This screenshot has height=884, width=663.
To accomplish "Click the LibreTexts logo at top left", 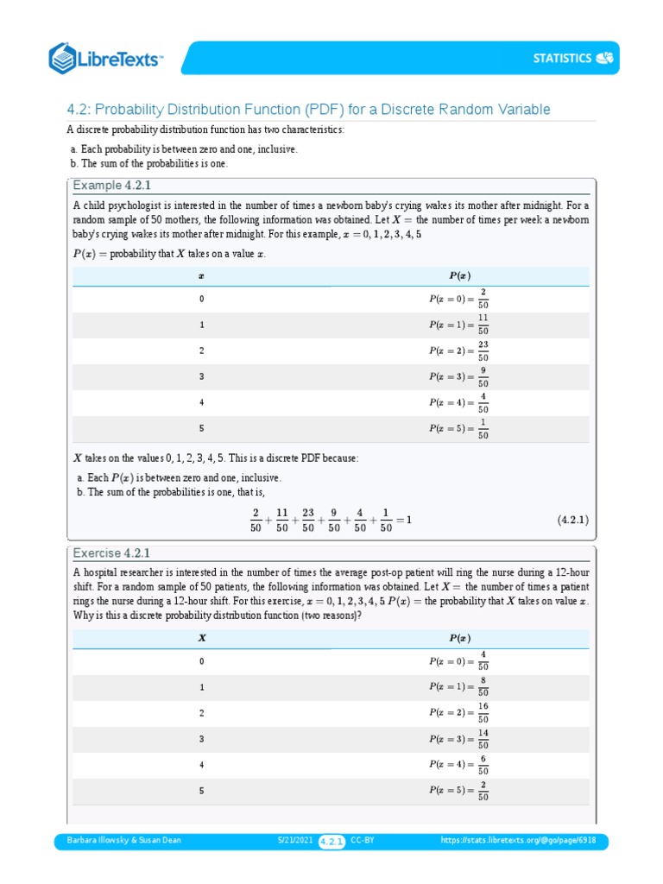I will (x=106, y=58).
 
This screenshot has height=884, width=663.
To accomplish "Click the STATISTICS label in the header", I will (x=561, y=59).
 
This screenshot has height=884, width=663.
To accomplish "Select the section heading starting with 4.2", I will (x=308, y=110).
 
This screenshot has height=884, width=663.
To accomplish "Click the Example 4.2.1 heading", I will (x=113, y=186).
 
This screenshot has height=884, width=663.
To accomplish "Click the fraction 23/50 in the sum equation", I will (x=308, y=520).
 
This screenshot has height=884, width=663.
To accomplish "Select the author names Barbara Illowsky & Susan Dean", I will (x=118, y=840).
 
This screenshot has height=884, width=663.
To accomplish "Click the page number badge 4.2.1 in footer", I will (x=332, y=841).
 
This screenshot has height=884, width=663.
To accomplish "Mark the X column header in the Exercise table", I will (x=202, y=639).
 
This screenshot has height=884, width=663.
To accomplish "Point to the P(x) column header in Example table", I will (x=459, y=276).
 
